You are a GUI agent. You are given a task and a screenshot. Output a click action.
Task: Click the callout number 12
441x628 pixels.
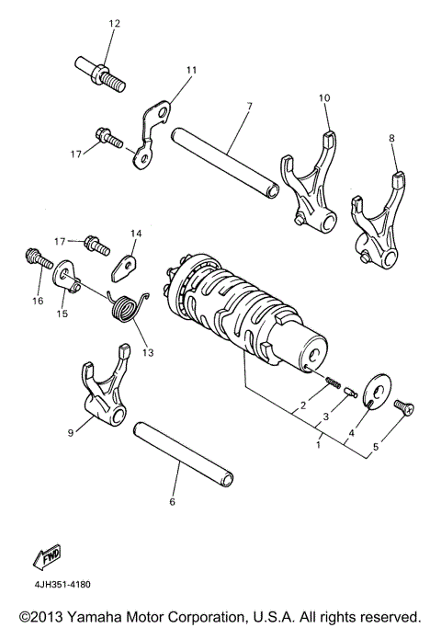pos(114,23)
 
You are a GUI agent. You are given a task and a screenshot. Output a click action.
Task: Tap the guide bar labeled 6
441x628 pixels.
pos(185,455)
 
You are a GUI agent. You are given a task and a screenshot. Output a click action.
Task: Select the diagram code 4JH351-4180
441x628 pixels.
pos(59,583)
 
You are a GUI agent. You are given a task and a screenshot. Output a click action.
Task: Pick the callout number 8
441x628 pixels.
pos(392,138)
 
